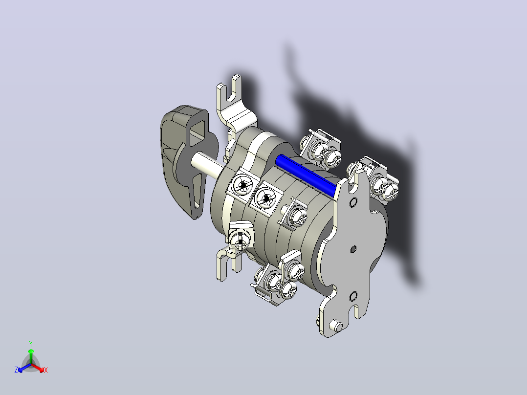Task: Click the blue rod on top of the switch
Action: tap(305, 176)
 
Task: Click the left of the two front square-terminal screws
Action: tap(242, 186)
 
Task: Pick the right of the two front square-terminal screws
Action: tap(265, 198)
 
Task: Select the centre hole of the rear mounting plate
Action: tap(353, 249)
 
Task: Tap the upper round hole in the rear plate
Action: tap(353, 202)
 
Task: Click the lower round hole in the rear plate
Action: tap(353, 296)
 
